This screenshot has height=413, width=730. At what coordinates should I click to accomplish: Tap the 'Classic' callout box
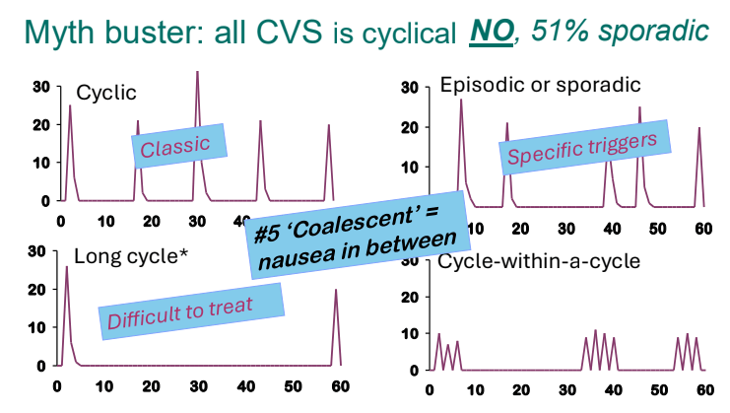point(175,146)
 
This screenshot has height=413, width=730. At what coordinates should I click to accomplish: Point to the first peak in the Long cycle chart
point(66,268)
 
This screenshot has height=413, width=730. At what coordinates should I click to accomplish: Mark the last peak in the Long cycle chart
point(336,291)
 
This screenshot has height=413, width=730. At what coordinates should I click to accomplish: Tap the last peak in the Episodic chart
point(698,129)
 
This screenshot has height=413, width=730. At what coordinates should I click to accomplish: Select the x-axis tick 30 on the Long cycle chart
point(198,384)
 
